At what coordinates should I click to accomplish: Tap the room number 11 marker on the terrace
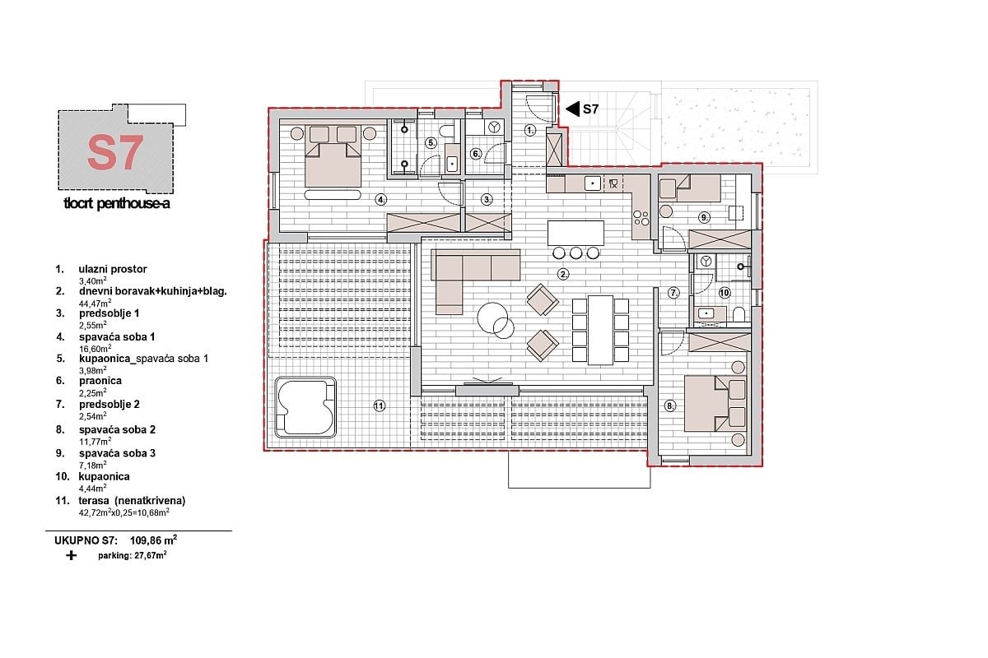coord(379,405)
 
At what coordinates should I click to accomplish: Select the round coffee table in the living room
coord(496,320)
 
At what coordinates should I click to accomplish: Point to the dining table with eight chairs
coord(601,329)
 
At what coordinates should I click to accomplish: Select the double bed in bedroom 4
coord(333,155)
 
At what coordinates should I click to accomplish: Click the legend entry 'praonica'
coord(100,381)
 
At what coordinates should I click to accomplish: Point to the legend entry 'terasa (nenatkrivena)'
coord(132,500)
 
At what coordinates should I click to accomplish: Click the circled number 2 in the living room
coord(563,274)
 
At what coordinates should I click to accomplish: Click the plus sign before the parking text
coord(71,556)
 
